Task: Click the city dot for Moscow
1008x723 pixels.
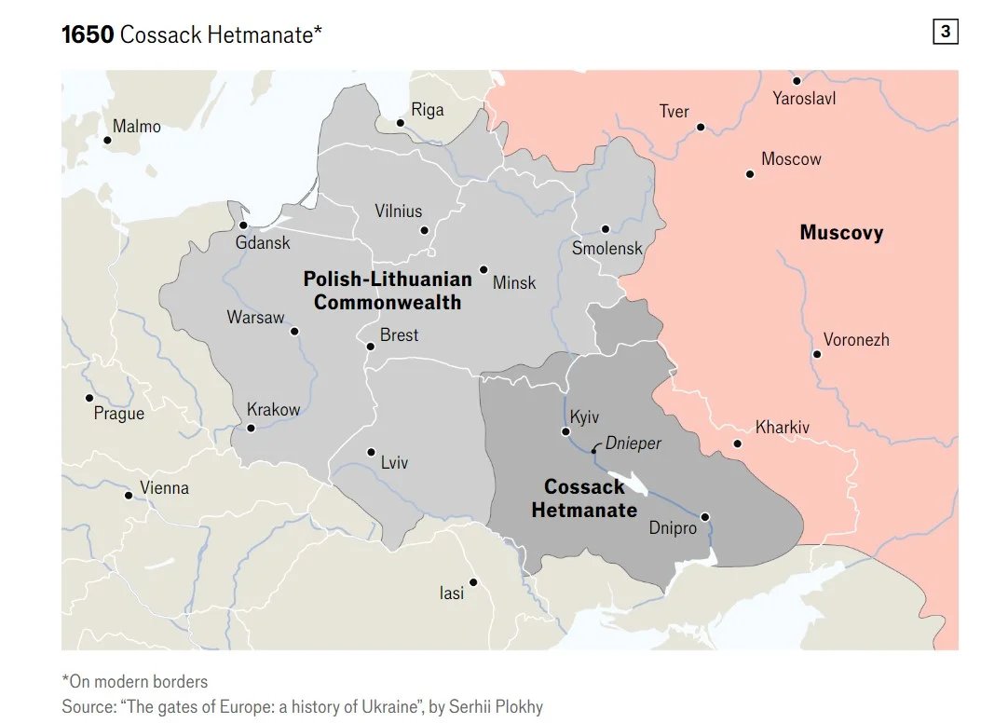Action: click(749, 174)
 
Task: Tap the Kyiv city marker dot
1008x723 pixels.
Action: click(565, 431)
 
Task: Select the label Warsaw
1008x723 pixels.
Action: click(255, 318)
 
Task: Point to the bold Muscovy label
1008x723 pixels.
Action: click(841, 233)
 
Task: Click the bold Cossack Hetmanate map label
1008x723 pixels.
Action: click(584, 498)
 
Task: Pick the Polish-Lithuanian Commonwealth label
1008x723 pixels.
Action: click(387, 291)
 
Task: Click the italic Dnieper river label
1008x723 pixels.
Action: click(633, 443)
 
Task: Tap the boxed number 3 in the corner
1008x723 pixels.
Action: click(945, 33)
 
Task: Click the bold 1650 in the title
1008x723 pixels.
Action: click(88, 35)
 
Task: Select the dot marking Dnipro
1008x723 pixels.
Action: click(705, 517)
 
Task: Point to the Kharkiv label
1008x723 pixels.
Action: click(783, 428)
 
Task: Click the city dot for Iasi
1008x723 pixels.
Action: click(473, 582)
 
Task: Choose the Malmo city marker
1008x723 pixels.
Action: click(107, 141)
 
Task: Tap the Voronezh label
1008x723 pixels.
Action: click(855, 340)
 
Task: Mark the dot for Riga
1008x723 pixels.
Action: click(400, 123)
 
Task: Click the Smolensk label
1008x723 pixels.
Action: click(607, 249)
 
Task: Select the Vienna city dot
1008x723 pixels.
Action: click(129, 495)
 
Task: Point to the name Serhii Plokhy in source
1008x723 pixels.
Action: click(495, 707)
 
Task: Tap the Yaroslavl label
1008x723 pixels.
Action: click(804, 98)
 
